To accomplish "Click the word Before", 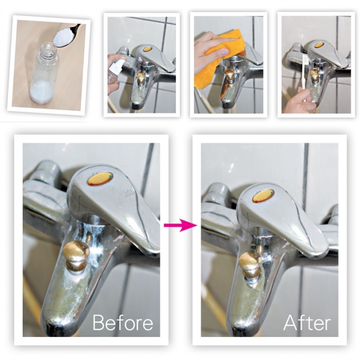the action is pos(123,322).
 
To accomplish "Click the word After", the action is pos(307,322).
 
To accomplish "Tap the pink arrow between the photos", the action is pos(180,225).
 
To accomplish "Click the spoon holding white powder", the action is pos(65,37).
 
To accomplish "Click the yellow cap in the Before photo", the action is pos(100,179).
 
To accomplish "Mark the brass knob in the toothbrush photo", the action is pos(314,75).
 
